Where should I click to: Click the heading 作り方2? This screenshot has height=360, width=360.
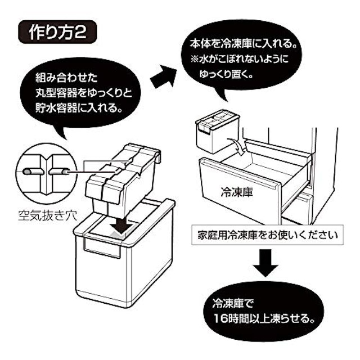coord(57,32)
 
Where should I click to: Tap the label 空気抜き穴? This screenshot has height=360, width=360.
coord(47,216)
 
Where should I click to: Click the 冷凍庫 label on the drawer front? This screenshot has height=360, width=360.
coord(237,192)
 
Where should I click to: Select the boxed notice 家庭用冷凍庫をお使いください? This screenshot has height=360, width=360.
coord(268,235)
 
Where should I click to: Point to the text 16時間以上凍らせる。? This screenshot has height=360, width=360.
coord(264,318)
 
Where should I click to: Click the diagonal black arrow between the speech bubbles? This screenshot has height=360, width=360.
coord(164,76)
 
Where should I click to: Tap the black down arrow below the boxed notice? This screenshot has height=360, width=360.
coord(265,263)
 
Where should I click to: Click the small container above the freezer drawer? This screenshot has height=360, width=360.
coord(217,130)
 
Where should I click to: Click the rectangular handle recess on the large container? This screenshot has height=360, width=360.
coord(102,248)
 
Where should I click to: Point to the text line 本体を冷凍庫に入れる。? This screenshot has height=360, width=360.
coord(242,43)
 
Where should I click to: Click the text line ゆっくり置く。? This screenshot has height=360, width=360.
coord(226,74)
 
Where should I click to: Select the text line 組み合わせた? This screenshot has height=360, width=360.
coord(66,78)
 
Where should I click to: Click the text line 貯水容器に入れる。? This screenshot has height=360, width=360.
coord(79,107)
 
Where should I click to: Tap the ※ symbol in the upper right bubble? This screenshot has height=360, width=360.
coord(195,60)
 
